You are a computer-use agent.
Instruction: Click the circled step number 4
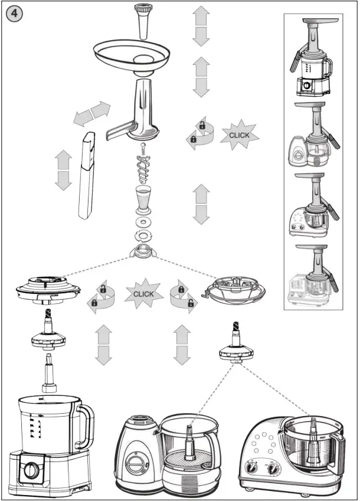point(14,14)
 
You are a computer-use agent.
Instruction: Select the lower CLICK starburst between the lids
point(143,293)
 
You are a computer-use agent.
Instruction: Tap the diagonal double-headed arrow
point(91,113)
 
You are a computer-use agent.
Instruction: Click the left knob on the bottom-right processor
point(255,469)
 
